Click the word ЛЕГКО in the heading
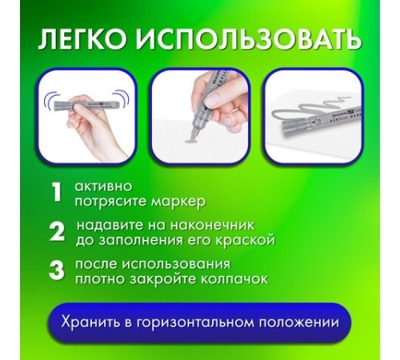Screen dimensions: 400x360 (x=82, y=39)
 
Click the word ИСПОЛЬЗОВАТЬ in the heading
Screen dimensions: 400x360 (x=249, y=40)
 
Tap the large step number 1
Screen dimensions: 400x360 (x=56, y=192)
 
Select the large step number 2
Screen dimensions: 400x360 (x=57, y=231)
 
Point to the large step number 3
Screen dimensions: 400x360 (x=57, y=270)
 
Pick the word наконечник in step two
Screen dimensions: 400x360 (x=212, y=226)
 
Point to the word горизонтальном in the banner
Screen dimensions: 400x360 (x=196, y=322)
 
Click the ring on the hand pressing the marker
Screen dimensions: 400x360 (x=234, y=111)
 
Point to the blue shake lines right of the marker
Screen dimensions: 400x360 (x=122, y=98)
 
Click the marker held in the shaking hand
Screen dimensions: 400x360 (x=86, y=105)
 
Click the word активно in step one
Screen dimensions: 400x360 (x=103, y=186)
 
